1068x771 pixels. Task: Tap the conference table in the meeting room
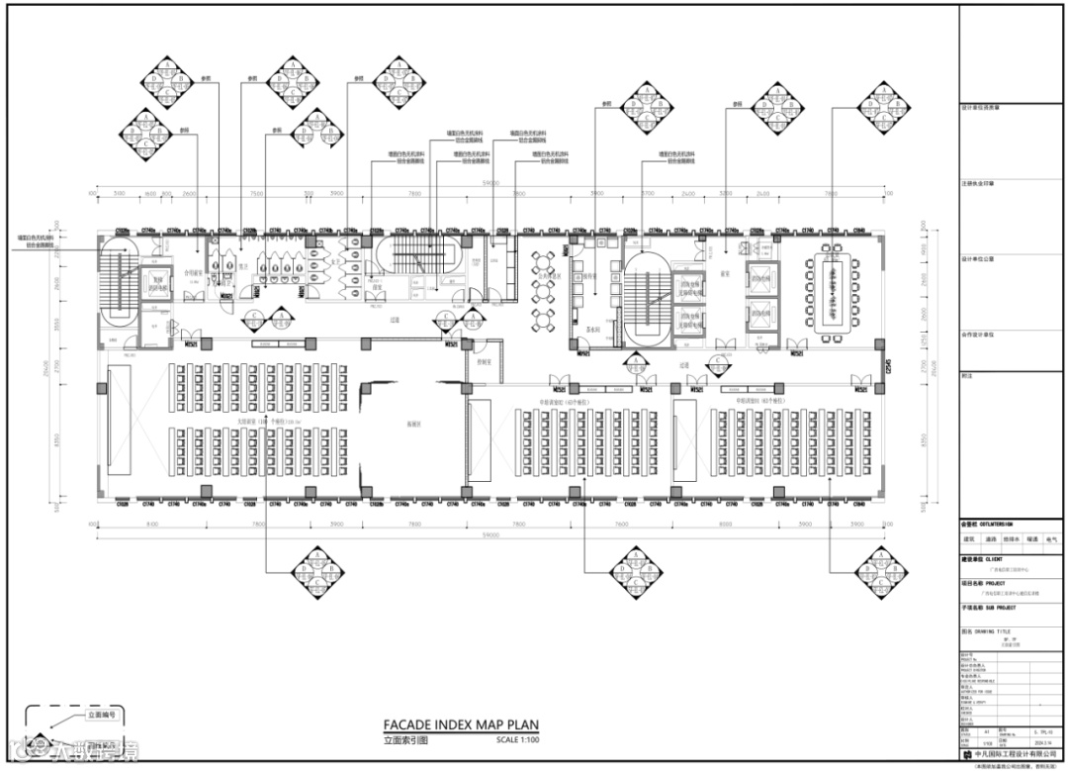(x=831, y=293)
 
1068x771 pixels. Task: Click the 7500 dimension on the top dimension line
(x=256, y=194)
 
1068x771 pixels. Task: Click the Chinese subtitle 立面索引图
(x=406, y=740)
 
